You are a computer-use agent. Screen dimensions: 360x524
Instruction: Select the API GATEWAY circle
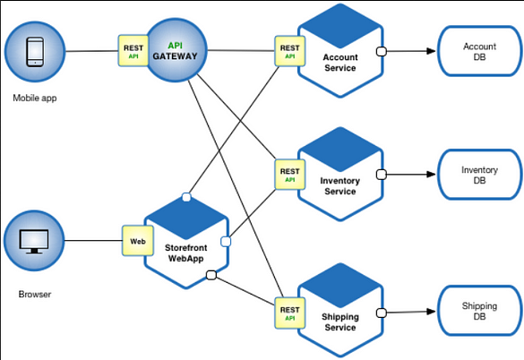click(175, 52)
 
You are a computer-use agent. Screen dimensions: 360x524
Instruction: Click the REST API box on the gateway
click(133, 49)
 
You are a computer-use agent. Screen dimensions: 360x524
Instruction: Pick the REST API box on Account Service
click(289, 51)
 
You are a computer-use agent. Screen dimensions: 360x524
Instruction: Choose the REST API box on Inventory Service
click(289, 174)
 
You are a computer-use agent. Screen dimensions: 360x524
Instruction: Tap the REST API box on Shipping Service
click(289, 310)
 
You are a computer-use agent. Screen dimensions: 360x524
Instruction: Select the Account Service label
click(339, 64)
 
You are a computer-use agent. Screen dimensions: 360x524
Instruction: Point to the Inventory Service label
click(339, 186)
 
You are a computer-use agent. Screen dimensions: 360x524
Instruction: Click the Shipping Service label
click(339, 322)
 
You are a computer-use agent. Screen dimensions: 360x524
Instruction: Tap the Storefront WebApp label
click(185, 253)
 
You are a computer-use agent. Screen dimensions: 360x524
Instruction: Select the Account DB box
click(479, 52)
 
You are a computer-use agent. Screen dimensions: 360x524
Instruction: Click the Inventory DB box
click(479, 175)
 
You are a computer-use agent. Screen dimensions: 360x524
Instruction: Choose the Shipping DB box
click(479, 312)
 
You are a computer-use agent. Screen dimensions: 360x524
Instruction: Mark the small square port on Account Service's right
click(381, 51)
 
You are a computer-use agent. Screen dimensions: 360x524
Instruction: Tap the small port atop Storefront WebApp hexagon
click(185, 196)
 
